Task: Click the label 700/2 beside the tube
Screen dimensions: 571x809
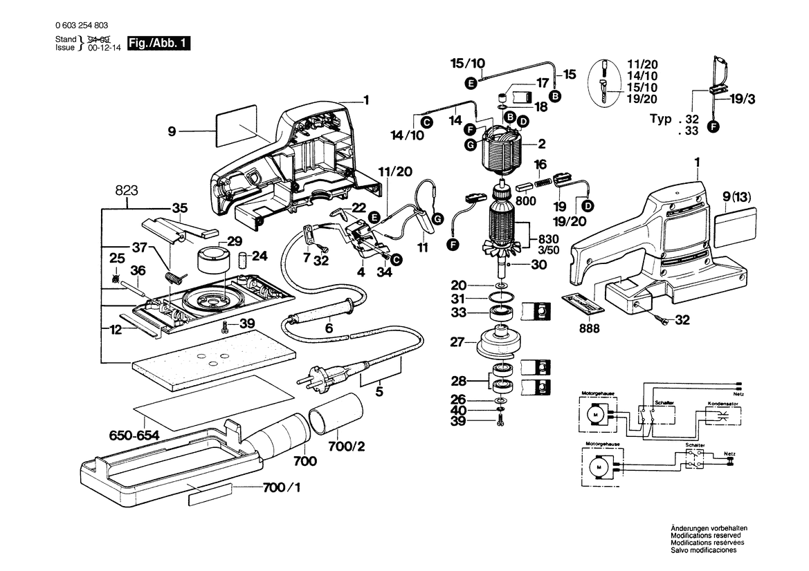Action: click(x=346, y=447)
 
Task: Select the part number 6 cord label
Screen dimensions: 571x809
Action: click(x=329, y=329)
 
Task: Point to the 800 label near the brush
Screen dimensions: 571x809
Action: click(x=527, y=202)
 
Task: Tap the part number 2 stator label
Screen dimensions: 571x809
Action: click(x=542, y=144)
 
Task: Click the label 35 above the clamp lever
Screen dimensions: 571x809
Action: click(x=180, y=208)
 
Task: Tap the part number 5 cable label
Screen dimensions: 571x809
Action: click(x=379, y=392)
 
